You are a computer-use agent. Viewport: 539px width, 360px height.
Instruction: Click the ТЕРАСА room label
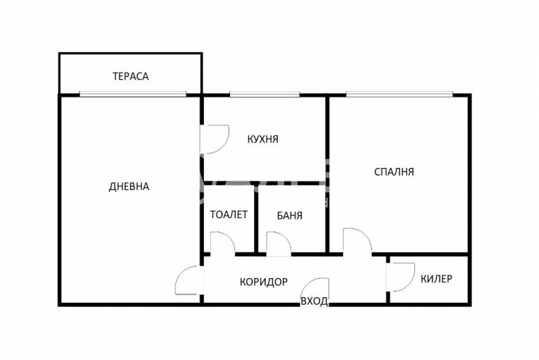(x=131, y=76)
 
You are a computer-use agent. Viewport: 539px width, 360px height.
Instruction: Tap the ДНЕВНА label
(x=129, y=186)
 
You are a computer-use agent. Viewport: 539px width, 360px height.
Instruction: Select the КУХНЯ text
(x=262, y=139)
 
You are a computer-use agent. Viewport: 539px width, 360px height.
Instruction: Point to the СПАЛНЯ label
(x=394, y=171)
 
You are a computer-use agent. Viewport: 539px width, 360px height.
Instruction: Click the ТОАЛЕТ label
(x=229, y=215)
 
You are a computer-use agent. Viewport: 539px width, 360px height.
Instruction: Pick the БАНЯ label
(x=289, y=215)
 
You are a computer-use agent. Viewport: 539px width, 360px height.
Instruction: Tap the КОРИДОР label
(x=263, y=282)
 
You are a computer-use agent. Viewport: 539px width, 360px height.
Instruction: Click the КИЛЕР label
(x=436, y=279)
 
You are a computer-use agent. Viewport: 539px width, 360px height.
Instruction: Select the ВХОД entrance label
(x=314, y=301)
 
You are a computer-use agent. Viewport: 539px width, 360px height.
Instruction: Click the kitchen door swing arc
(x=215, y=138)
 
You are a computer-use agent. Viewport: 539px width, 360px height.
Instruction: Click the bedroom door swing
(x=357, y=241)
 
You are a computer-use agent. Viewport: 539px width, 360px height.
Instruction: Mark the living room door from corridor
(x=189, y=280)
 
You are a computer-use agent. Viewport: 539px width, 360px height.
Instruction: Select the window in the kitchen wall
(x=265, y=94)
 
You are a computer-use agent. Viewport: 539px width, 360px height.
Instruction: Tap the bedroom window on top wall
(x=399, y=94)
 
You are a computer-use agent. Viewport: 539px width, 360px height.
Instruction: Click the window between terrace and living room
(x=133, y=94)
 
